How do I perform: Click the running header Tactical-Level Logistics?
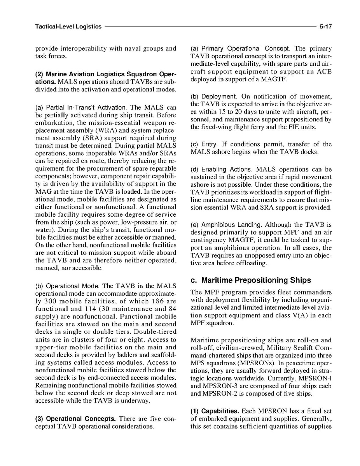pos(68,27)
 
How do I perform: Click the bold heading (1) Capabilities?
pos(215,411)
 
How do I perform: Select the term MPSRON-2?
pos(215,394)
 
